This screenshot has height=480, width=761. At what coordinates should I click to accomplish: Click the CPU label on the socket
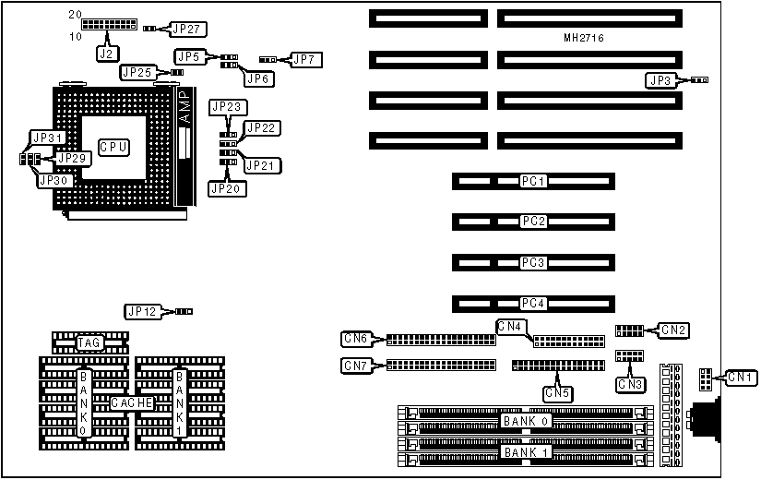pos(113,147)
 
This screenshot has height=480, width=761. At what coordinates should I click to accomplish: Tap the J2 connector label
pos(107,53)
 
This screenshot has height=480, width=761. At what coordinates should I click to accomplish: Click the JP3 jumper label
pos(660,81)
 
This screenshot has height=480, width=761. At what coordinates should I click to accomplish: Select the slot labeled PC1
pos(533,181)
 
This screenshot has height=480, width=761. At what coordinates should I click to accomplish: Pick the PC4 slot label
pos(533,303)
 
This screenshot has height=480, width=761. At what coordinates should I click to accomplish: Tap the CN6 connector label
pos(355,340)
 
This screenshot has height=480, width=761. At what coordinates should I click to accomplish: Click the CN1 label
pos(739,377)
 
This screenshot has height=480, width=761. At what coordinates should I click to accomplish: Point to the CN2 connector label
pos(674,330)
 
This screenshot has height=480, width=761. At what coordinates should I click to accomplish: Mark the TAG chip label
pos(89,342)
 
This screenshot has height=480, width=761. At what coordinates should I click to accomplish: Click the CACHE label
pos(132,403)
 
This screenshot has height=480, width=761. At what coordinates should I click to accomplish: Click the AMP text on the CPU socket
pos(182,108)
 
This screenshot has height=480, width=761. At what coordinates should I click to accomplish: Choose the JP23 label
pos(226,107)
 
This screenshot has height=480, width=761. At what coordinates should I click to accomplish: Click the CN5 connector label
pos(557,393)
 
